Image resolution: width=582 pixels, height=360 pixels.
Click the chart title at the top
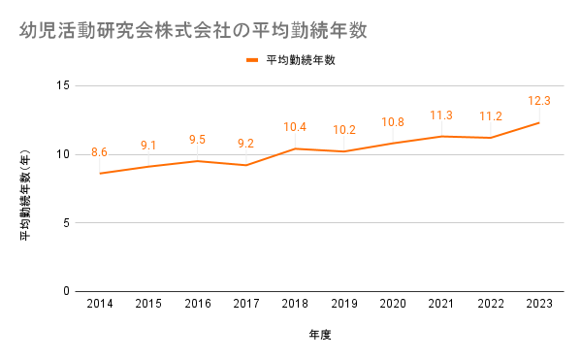(x=193, y=30)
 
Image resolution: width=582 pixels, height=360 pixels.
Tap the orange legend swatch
(x=252, y=60)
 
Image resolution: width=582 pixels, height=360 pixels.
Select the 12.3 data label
(x=539, y=101)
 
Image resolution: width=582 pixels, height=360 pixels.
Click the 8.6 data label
(x=99, y=152)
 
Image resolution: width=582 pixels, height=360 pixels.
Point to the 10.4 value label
(x=295, y=127)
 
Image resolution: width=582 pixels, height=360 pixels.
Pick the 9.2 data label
(x=245, y=144)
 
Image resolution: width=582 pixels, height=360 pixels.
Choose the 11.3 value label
(x=441, y=115)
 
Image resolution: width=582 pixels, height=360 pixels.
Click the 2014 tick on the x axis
(x=100, y=304)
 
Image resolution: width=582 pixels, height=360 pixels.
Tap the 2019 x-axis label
(x=344, y=304)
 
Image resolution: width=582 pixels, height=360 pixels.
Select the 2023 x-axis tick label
(x=539, y=304)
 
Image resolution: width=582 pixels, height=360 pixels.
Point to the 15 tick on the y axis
(x=63, y=85)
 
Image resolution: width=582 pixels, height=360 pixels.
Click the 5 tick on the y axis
(x=66, y=223)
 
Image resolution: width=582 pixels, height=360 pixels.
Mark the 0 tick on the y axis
(x=66, y=291)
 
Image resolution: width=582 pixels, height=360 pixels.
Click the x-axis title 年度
(x=320, y=335)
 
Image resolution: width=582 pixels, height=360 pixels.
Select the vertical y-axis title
(x=25, y=195)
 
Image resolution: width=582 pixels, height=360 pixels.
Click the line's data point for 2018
(x=295, y=148)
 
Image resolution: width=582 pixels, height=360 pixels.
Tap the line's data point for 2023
(x=539, y=123)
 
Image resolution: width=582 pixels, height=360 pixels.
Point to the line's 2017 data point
(x=246, y=165)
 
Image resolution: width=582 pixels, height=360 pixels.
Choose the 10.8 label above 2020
(x=393, y=122)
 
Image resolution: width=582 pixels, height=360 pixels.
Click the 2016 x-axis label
(x=198, y=304)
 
